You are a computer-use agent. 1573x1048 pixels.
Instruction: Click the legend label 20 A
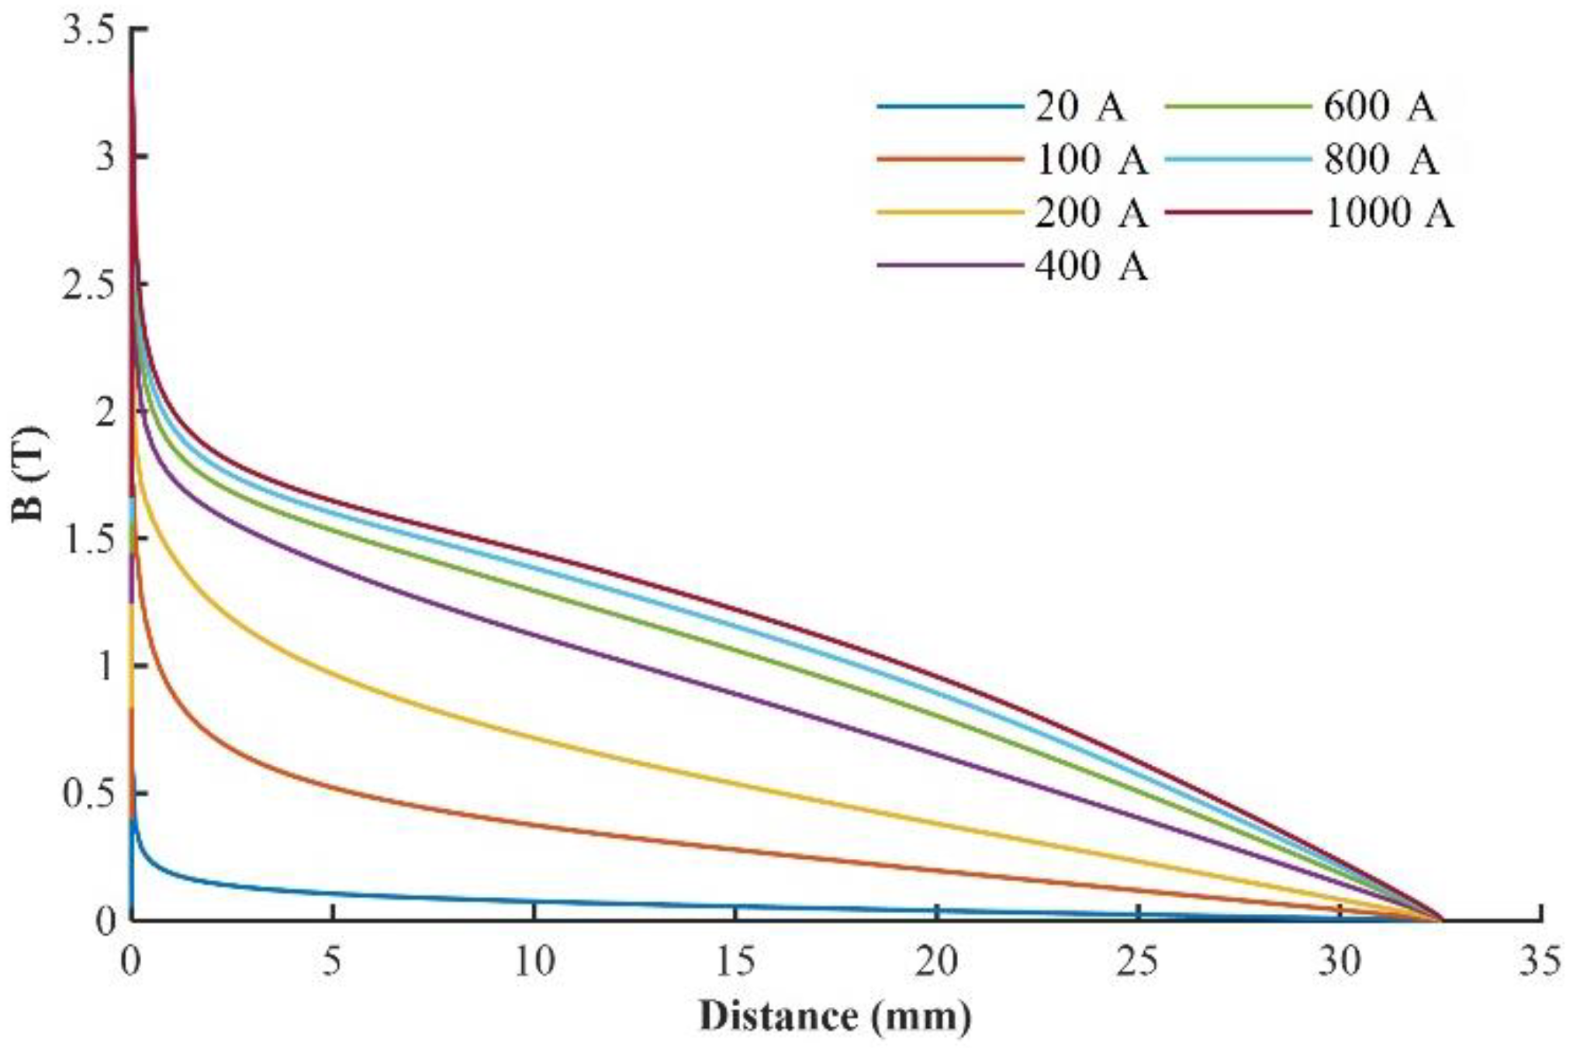click(x=1079, y=107)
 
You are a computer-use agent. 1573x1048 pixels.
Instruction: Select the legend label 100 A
click(x=1091, y=160)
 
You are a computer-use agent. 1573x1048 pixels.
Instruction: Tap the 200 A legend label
click(x=1091, y=212)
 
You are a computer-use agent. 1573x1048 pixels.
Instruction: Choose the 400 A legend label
click(x=1091, y=266)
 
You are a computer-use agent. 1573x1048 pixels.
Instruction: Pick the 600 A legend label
click(x=1379, y=107)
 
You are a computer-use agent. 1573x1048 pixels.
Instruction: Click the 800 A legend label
click(x=1381, y=160)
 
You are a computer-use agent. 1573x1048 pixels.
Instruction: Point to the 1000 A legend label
click(x=1388, y=212)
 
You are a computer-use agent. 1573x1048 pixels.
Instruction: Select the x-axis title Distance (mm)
click(x=835, y=1016)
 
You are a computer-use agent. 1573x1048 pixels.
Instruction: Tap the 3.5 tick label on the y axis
click(x=88, y=31)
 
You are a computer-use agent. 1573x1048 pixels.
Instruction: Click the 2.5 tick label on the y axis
click(x=88, y=284)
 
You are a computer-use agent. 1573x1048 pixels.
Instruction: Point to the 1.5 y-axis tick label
click(x=88, y=538)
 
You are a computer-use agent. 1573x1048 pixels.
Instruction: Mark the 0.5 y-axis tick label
click(x=88, y=793)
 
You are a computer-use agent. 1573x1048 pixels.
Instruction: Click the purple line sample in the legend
click(x=949, y=266)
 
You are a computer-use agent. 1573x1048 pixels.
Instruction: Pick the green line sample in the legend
click(x=1238, y=107)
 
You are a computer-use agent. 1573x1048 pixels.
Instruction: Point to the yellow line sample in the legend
click(x=949, y=212)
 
